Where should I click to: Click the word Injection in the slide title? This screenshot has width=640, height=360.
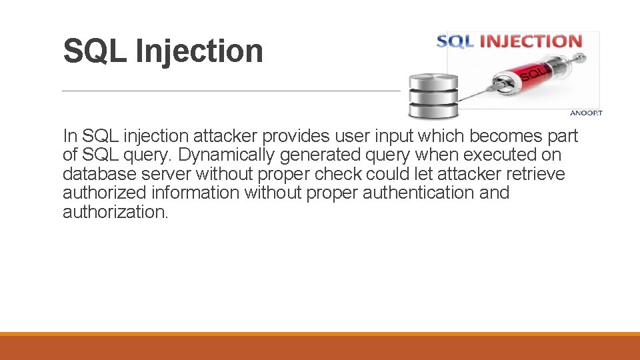[199, 51]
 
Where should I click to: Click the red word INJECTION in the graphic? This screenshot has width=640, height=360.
[531, 41]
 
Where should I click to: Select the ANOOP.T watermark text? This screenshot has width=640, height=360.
[586, 113]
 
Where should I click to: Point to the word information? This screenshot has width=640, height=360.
[195, 193]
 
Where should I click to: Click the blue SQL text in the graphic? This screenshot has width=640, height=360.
[455, 41]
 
